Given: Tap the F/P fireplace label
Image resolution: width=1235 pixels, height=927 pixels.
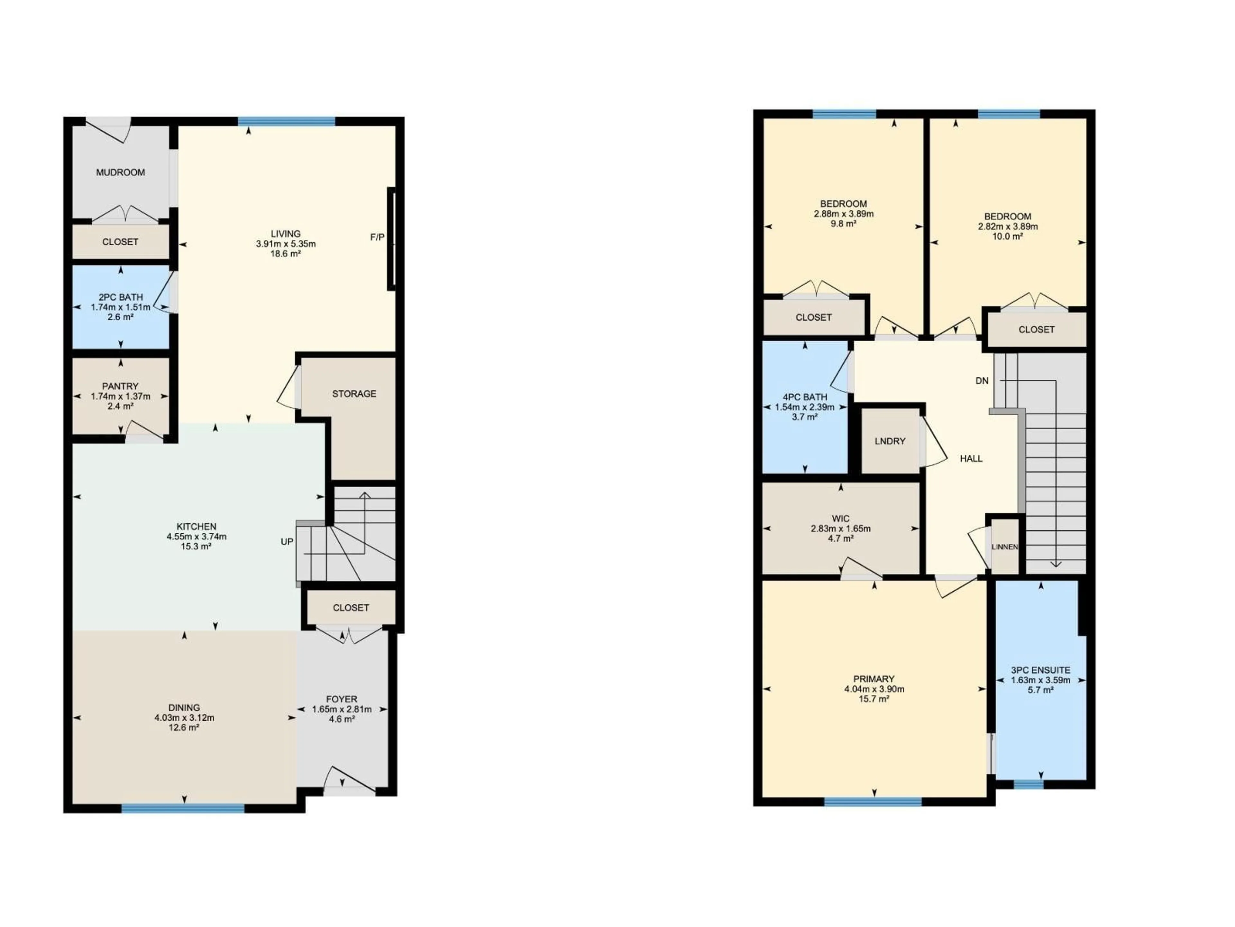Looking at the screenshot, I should pyautogui.click(x=378, y=238).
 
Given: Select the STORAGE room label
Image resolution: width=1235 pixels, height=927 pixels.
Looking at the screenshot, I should pyautogui.click(x=354, y=394).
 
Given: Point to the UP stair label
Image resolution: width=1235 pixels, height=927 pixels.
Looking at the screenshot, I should pyautogui.click(x=287, y=541).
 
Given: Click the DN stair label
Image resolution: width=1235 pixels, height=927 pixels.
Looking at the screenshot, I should pyautogui.click(x=982, y=381).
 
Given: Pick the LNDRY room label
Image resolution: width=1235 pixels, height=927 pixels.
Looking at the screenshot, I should pyautogui.click(x=890, y=441).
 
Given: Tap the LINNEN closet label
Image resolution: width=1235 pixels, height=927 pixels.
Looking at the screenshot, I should pyautogui.click(x=1004, y=547).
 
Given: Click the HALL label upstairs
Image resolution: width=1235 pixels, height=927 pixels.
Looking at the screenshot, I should pyautogui.click(x=971, y=459).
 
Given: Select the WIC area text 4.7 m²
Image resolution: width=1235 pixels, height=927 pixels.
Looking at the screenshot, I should pyautogui.click(x=840, y=538).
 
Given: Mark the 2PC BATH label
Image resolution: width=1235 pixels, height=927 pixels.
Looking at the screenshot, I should pyautogui.click(x=121, y=297).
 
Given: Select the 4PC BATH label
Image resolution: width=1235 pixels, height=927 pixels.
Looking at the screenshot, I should pyautogui.click(x=805, y=397).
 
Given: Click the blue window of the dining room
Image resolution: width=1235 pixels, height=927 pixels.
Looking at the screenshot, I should pyautogui.click(x=183, y=808).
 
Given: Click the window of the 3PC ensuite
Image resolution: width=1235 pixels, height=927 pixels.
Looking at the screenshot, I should pyautogui.click(x=1029, y=784).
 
